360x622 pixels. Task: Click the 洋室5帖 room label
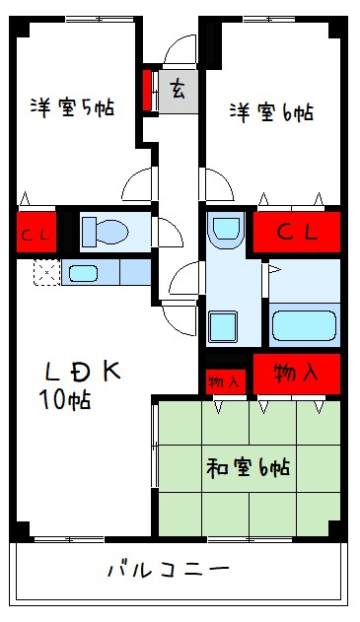tap(71, 107)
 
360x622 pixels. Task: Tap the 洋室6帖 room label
tap(273, 111)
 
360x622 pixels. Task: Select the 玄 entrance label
tap(179, 91)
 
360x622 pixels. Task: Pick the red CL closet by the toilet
tap(35, 235)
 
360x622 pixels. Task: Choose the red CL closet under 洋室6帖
tap(297, 234)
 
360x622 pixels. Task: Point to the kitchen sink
tap(84, 272)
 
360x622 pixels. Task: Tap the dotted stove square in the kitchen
tap(45, 271)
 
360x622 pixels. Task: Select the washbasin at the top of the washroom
tap(226, 228)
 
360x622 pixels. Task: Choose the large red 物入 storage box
tap(297, 375)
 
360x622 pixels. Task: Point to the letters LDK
tap(83, 372)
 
